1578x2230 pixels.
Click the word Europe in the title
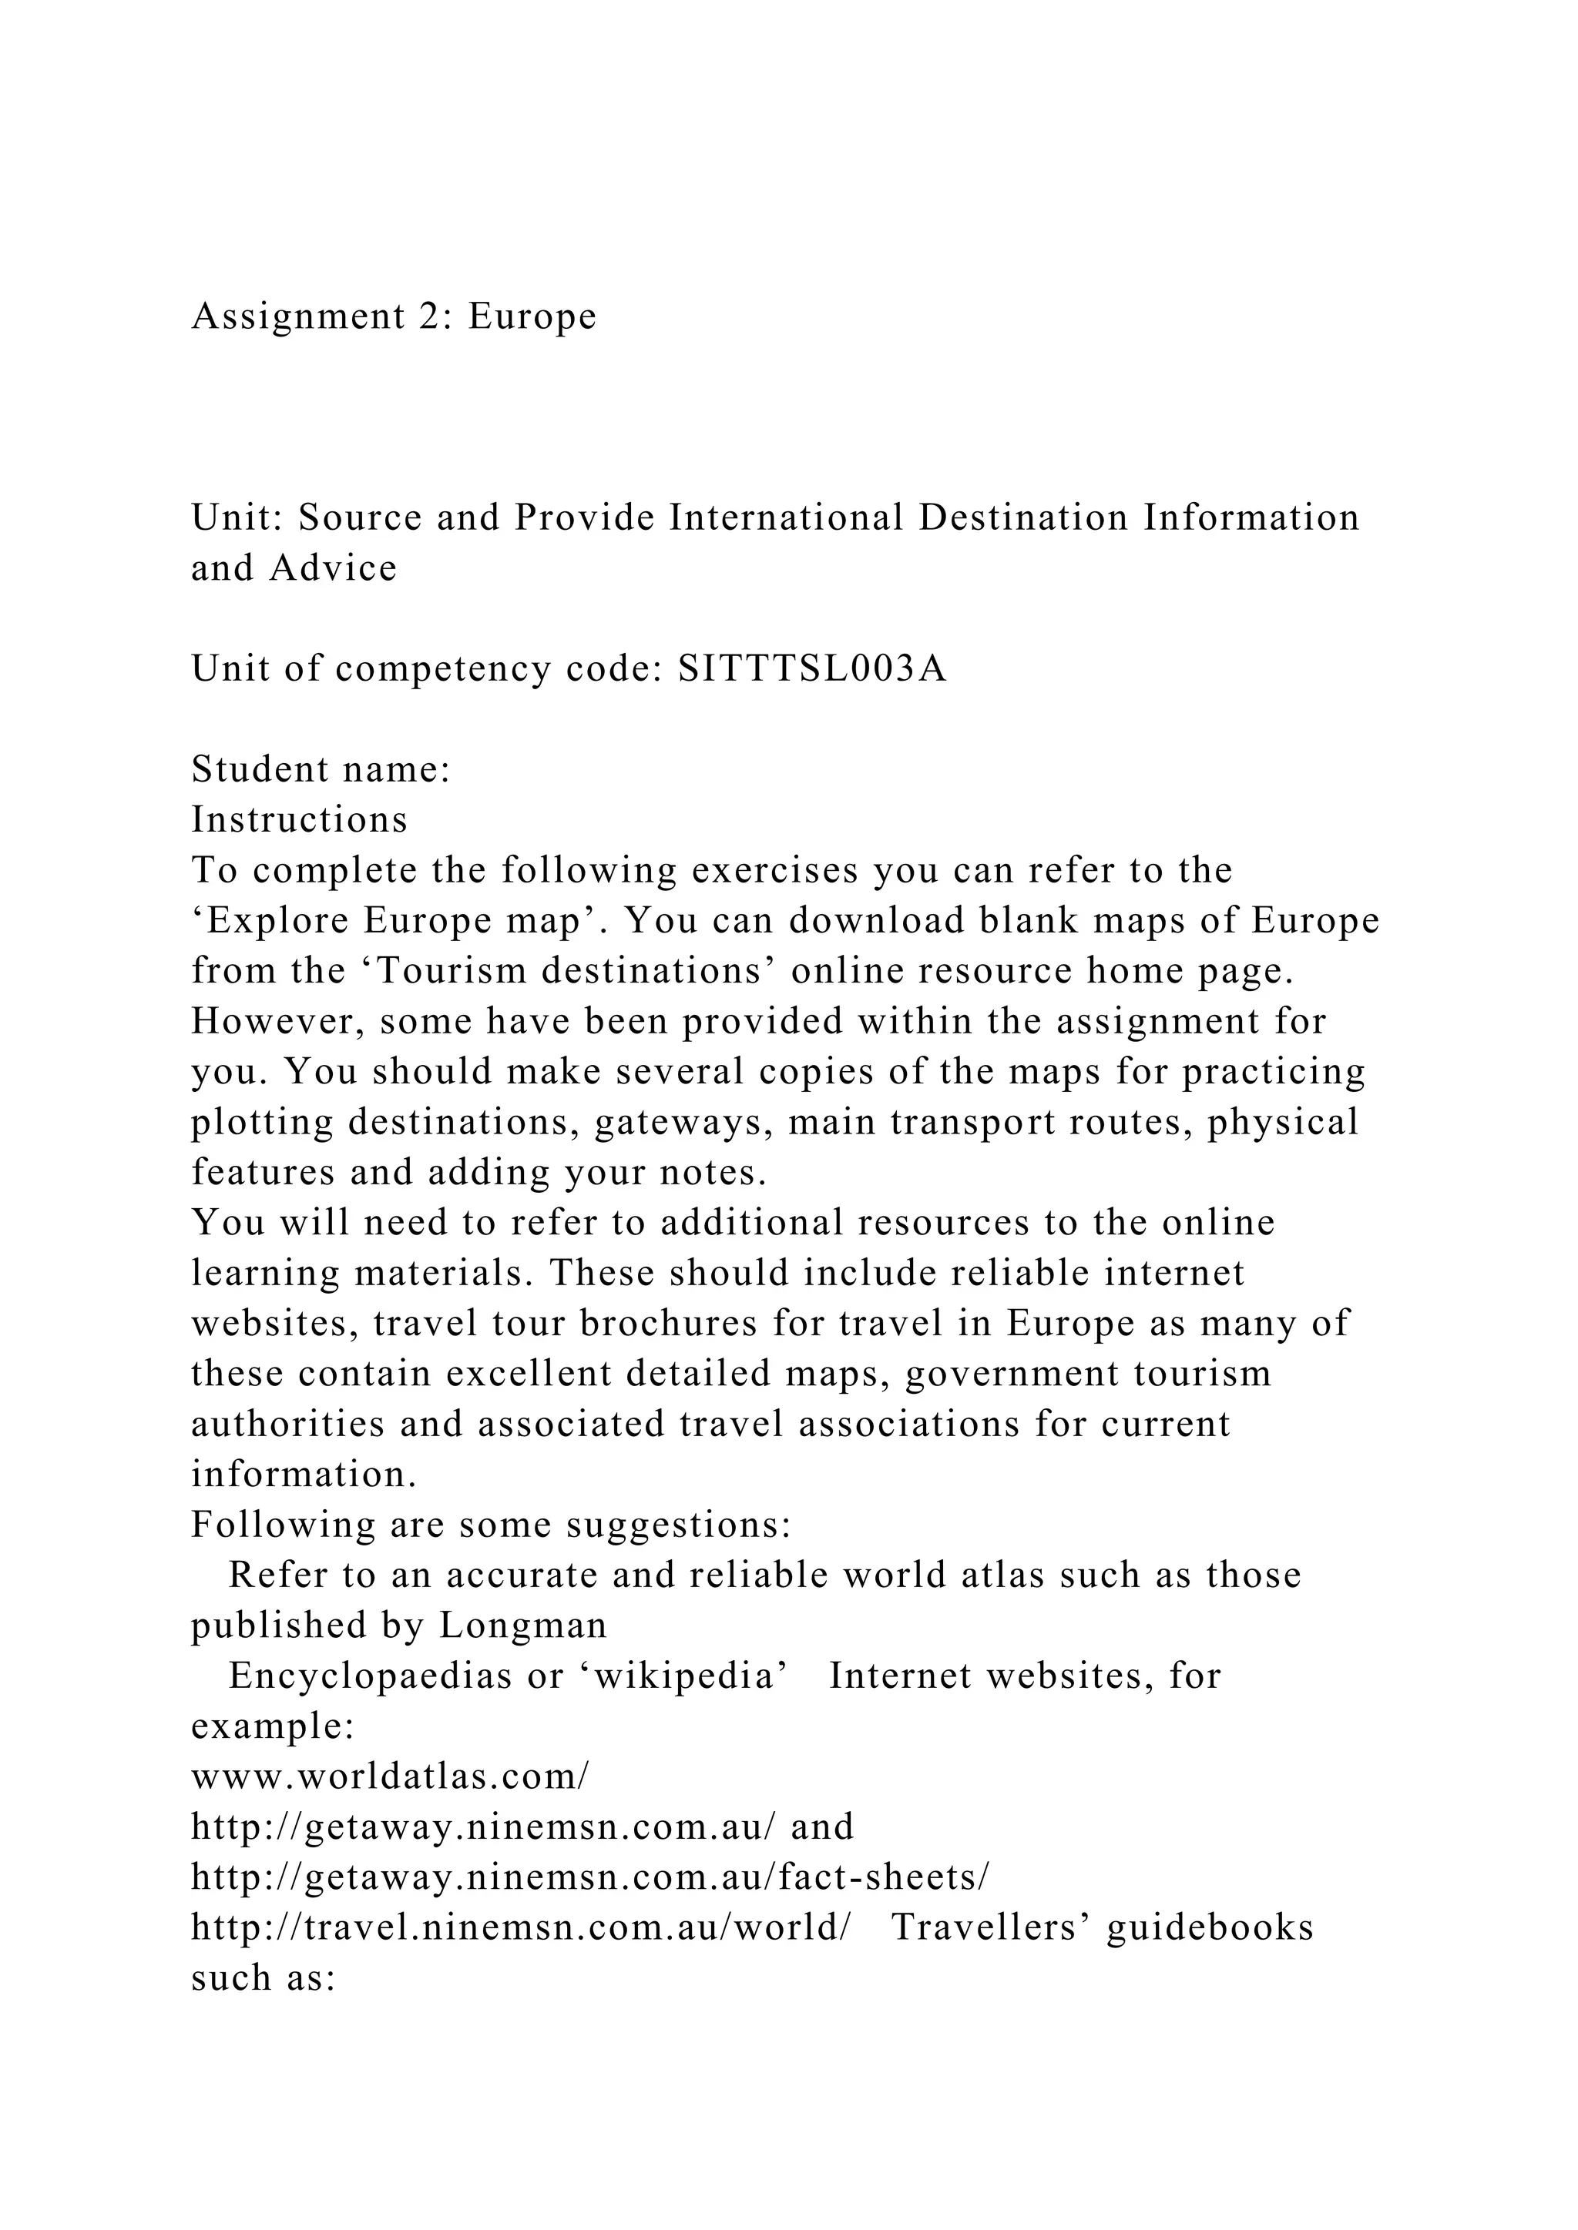pos(532,316)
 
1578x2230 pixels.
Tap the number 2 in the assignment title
pos(429,316)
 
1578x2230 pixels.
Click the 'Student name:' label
pos(321,769)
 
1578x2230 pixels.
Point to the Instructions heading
pos(299,820)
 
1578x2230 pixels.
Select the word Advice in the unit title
pos(334,568)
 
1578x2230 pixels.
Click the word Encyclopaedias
pos(370,1676)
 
